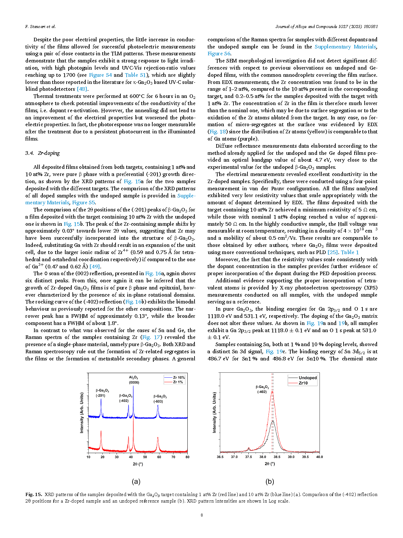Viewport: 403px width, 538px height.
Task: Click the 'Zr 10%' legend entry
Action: click(x=179, y=378)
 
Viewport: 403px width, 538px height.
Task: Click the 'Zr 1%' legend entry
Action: click(x=178, y=382)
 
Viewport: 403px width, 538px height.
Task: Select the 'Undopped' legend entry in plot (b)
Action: click(x=308, y=378)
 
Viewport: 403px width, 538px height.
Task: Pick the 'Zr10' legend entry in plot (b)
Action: click(x=303, y=383)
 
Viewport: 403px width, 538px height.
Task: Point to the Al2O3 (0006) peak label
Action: click(x=134, y=380)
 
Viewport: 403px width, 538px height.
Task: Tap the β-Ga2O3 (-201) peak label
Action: click(x=102, y=393)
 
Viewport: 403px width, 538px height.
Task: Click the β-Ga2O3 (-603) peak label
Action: click(x=160, y=399)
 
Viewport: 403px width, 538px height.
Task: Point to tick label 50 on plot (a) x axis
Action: click(x=145, y=457)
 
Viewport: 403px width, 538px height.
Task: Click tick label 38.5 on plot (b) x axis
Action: click(x=277, y=457)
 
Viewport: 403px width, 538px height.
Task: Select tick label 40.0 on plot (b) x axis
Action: click(x=320, y=457)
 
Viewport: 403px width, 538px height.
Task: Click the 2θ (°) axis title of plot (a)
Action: click(x=138, y=464)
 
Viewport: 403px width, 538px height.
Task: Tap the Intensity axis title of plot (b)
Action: click(x=214, y=412)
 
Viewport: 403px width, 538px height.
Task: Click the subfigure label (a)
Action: click(x=136, y=481)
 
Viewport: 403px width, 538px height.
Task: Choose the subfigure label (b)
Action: click(x=270, y=481)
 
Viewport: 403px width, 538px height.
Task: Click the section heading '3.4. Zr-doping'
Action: click(x=43, y=153)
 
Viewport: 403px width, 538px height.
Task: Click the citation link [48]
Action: click(x=82, y=89)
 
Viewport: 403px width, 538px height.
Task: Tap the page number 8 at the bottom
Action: click(x=202, y=515)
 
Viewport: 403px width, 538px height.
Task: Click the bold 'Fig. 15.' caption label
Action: click(x=33, y=494)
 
